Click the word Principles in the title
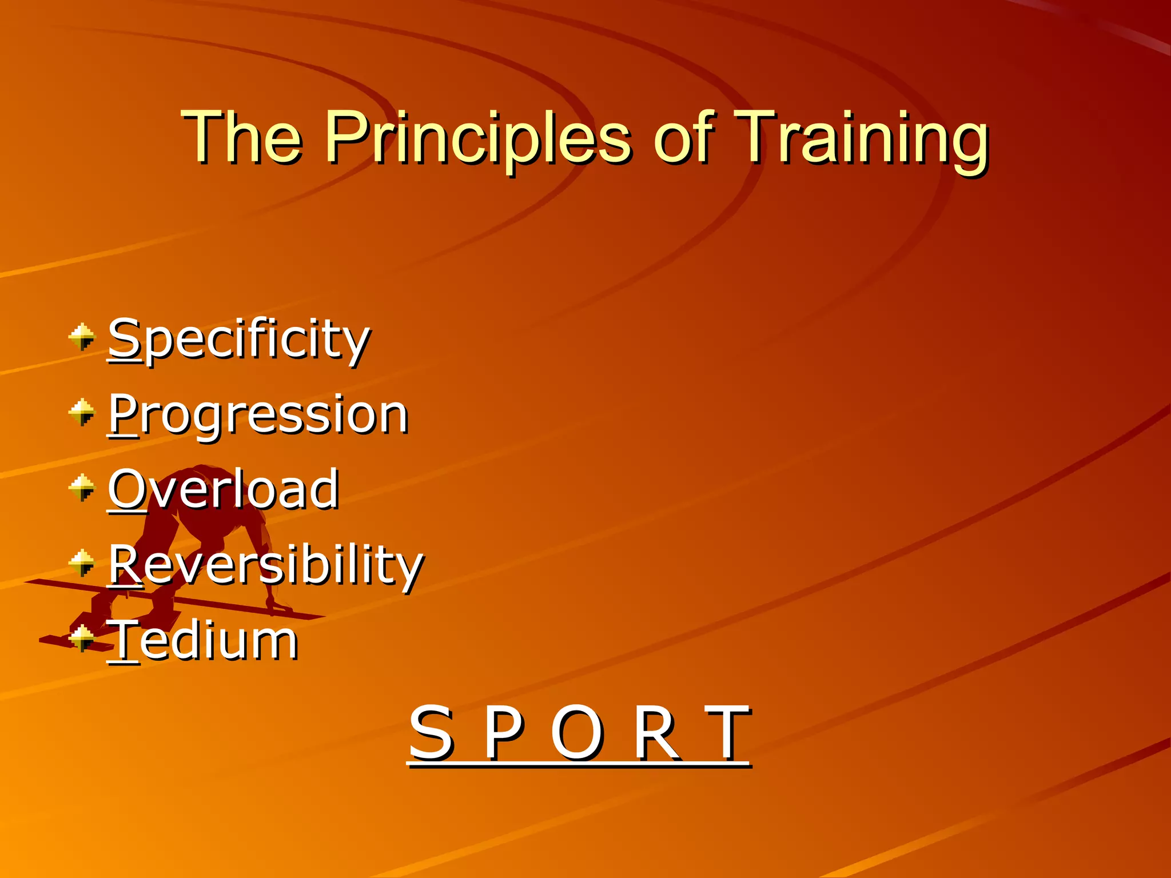pyautogui.click(x=477, y=138)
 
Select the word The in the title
pyautogui.click(x=241, y=138)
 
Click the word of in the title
pyautogui.click(x=683, y=138)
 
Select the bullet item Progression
pyautogui.click(x=258, y=414)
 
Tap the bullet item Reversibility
pyautogui.click(x=266, y=565)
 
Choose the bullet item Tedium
pyautogui.click(x=203, y=640)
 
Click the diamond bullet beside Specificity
pyautogui.click(x=82, y=337)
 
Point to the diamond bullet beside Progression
pyautogui.click(x=82, y=412)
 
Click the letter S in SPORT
pyautogui.click(x=431, y=733)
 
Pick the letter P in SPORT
pyautogui.click(x=503, y=733)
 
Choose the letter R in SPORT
pyautogui.click(x=656, y=733)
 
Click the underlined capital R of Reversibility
pyautogui.click(x=125, y=564)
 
